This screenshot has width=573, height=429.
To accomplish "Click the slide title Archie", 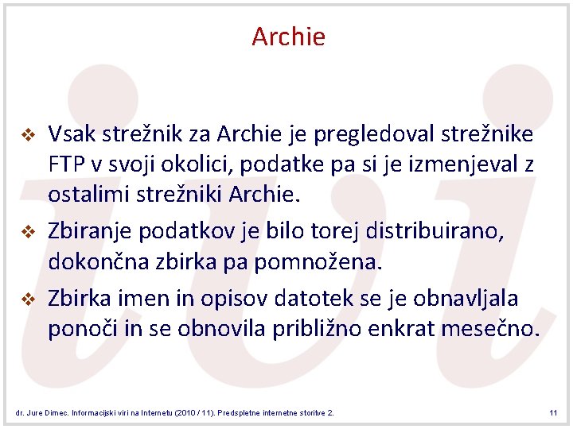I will [288, 37].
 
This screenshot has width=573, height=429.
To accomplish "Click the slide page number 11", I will [552, 413].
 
